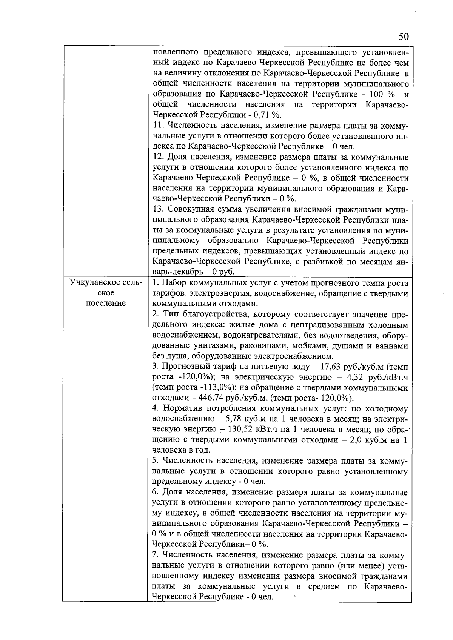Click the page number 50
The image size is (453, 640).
(x=403, y=37)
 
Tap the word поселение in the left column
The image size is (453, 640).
(x=106, y=304)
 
